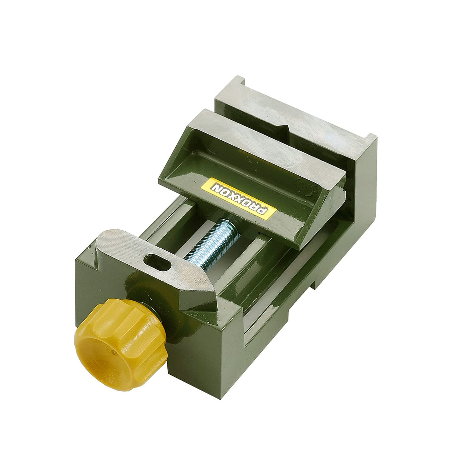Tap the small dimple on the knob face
click(x=113, y=352)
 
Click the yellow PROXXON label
click(x=239, y=199)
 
